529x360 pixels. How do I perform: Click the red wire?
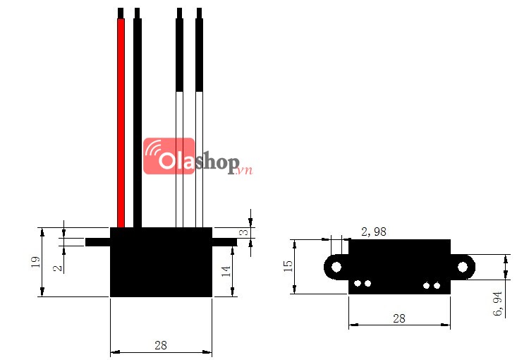pyautogui.click(x=121, y=120)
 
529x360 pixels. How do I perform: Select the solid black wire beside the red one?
pyautogui.click(x=138, y=120)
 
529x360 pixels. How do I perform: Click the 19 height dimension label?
pyautogui.click(x=35, y=262)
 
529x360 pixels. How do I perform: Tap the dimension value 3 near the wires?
pyautogui.click(x=241, y=232)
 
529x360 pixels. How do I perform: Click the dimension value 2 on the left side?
pyautogui.click(x=56, y=267)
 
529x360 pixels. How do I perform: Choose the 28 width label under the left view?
pyautogui.click(x=161, y=345)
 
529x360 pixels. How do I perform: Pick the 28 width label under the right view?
pyautogui.click(x=399, y=318)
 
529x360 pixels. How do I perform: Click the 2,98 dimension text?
pyautogui.click(x=373, y=231)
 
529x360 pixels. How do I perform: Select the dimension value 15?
pyautogui.click(x=288, y=266)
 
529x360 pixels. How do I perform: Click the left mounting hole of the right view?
pyautogui.click(x=336, y=266)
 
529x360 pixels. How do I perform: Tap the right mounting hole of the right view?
pyautogui.click(x=463, y=266)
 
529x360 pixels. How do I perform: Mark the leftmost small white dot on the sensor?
pyautogui.click(x=358, y=284)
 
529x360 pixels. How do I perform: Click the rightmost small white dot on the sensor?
pyautogui.click(x=438, y=285)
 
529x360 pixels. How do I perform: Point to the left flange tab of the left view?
pyautogui.click(x=97, y=241)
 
